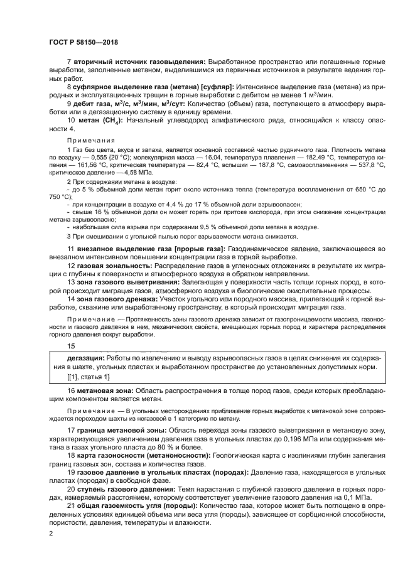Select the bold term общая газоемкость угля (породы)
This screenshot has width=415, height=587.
click(138, 505)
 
